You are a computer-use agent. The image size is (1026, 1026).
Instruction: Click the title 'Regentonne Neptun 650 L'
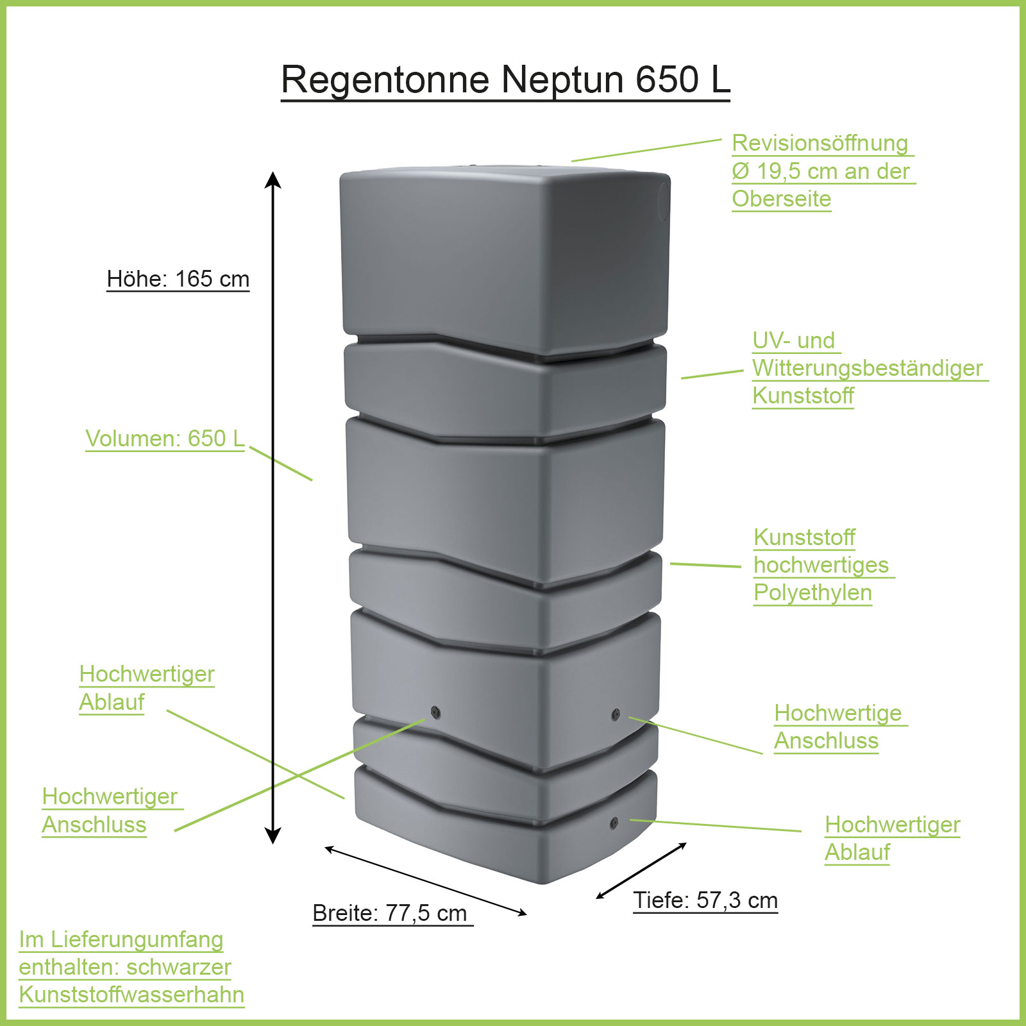[x=505, y=80]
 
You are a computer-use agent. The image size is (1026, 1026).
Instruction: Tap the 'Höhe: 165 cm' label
[x=178, y=279]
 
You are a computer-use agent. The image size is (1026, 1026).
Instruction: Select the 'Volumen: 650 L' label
[x=165, y=439]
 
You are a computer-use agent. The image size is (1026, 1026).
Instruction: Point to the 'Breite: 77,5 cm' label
[x=390, y=912]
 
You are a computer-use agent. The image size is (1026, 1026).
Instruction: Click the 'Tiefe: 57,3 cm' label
[x=705, y=900]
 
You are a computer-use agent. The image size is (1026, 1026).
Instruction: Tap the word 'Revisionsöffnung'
[x=820, y=143]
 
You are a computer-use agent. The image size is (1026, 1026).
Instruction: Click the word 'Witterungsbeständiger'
[x=867, y=368]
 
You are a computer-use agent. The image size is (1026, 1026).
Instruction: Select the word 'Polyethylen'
[x=812, y=593]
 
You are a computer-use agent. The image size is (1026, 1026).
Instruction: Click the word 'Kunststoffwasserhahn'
[x=131, y=995]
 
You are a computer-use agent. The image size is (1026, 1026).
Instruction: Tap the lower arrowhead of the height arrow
[x=273, y=836]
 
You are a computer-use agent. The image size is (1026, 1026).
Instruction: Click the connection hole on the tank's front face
[x=435, y=711]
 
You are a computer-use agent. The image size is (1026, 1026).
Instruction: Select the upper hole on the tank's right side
[x=616, y=714]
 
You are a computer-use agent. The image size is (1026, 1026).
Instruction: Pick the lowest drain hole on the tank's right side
[x=614, y=822]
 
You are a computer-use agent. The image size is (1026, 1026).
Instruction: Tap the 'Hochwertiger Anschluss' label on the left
[x=110, y=811]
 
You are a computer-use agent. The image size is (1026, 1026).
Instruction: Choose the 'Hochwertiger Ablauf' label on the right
[x=892, y=838]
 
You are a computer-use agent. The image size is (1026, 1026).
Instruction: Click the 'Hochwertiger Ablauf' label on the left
[x=146, y=688]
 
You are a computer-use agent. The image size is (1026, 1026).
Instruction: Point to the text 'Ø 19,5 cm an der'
[x=820, y=171]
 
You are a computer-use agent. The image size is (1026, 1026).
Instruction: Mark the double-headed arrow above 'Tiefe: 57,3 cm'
[x=641, y=871]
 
